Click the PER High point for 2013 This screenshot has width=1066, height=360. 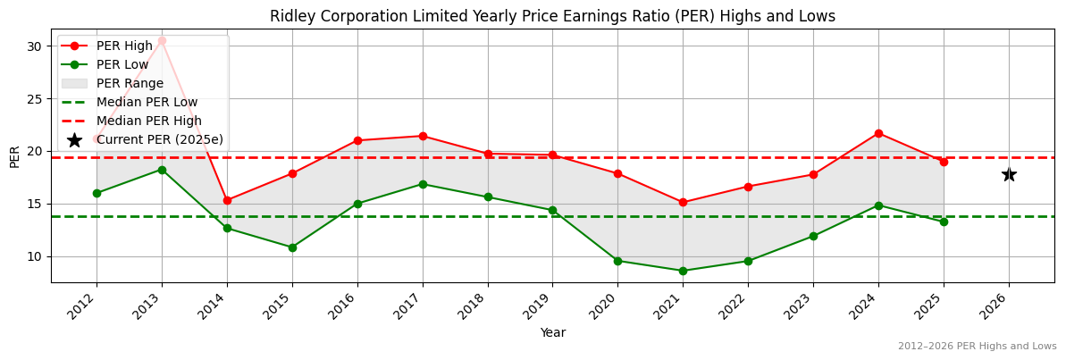click(x=162, y=41)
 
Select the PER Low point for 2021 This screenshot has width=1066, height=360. click(x=683, y=271)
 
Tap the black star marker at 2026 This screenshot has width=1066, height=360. click(x=1009, y=174)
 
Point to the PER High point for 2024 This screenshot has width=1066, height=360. click(x=878, y=133)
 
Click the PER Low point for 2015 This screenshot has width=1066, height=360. click(x=292, y=247)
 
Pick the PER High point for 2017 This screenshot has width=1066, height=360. click(x=423, y=136)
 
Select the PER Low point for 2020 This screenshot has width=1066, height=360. click(x=617, y=261)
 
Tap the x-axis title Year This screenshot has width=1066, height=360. click(x=552, y=332)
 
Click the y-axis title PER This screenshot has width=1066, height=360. click(x=14, y=156)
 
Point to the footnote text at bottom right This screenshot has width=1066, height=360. click(x=977, y=346)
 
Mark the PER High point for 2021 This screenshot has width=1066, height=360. click(x=683, y=202)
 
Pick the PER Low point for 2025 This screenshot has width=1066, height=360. click(x=944, y=222)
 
